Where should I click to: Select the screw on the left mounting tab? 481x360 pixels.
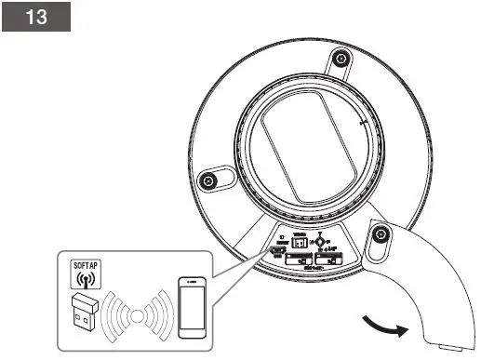click(x=209, y=179)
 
